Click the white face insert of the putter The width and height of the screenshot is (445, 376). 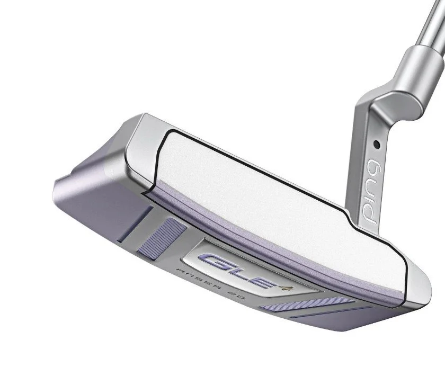point(265,196)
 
